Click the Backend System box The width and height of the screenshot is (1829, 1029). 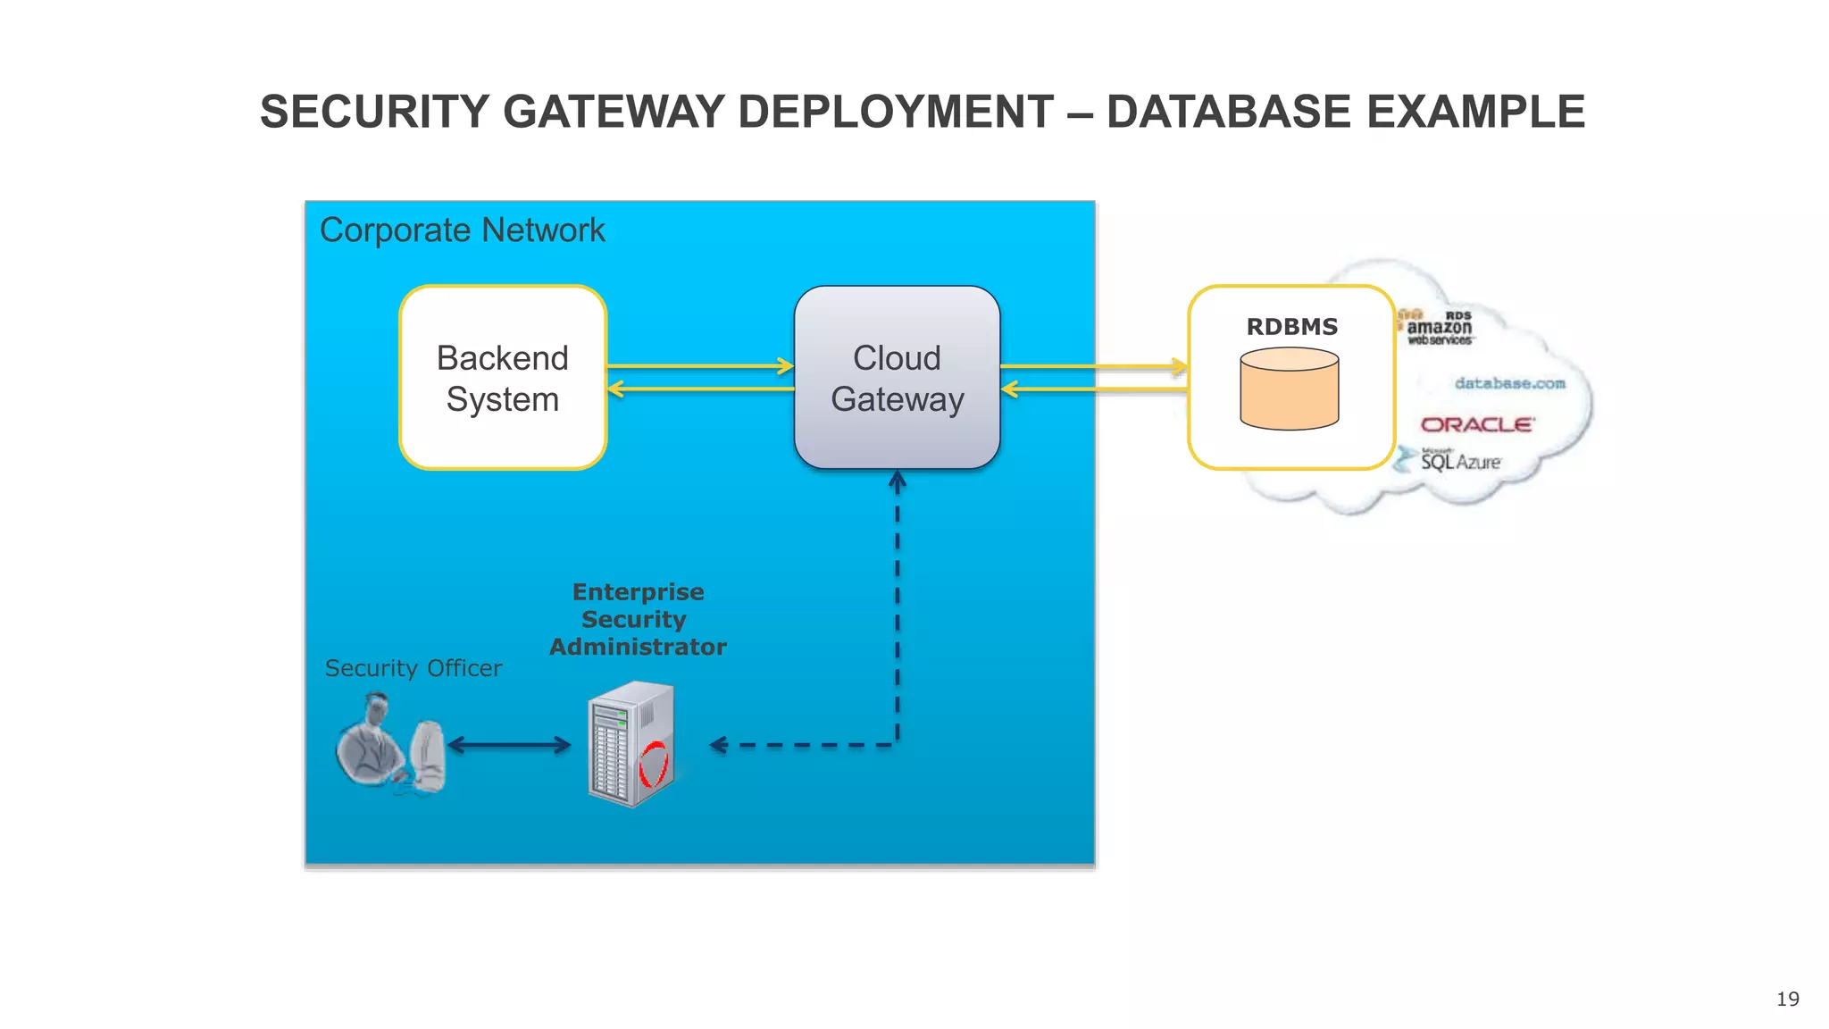click(x=503, y=378)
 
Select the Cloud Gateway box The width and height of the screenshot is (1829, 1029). click(x=897, y=378)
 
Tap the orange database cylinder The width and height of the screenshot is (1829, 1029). click(x=1289, y=389)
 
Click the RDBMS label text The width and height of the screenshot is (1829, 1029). click(x=1291, y=327)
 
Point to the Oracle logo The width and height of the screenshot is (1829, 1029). click(x=1477, y=425)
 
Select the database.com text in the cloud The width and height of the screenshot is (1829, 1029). click(x=1509, y=383)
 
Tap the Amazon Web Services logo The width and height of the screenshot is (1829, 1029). click(x=1439, y=328)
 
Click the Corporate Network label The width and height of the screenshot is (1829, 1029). click(x=462, y=230)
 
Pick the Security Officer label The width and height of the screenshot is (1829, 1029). click(x=413, y=668)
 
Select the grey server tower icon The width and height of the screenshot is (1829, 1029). click(x=625, y=743)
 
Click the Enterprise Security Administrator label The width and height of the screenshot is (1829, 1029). click(x=638, y=619)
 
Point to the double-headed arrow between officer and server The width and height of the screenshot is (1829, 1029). click(x=508, y=745)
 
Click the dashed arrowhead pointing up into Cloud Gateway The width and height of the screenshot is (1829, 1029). click(x=898, y=482)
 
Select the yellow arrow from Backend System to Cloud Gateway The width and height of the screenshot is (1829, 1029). click(x=699, y=366)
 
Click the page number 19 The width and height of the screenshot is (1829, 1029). click(x=1787, y=999)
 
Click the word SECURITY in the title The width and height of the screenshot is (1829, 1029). click(x=374, y=113)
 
